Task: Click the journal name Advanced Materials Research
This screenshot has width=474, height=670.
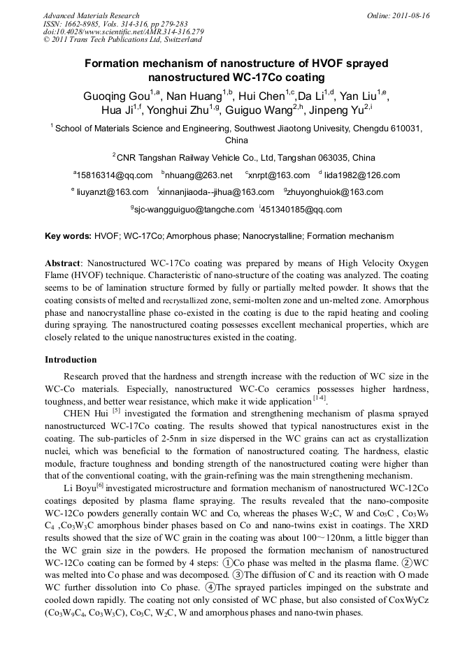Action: [x=91, y=15]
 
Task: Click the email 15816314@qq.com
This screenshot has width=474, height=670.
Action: [x=114, y=175]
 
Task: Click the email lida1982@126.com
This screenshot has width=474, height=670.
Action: [x=361, y=175]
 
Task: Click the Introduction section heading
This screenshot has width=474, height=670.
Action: [x=71, y=360]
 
